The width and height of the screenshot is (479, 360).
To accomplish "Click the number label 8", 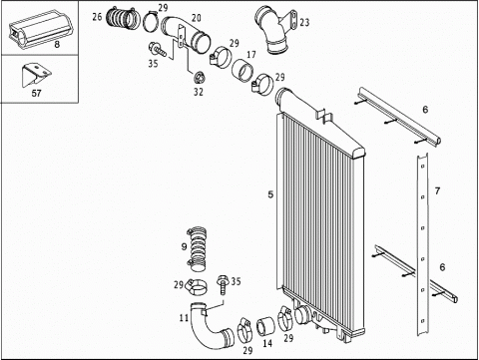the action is pyautogui.click(x=57, y=45).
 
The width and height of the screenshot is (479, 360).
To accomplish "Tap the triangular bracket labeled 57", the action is pyautogui.click(x=36, y=76).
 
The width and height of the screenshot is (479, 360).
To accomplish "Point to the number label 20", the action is pyautogui.click(x=197, y=18).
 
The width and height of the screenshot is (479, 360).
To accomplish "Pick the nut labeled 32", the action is pyautogui.click(x=199, y=78).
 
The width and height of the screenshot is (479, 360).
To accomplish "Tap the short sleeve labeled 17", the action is pyautogui.click(x=242, y=70).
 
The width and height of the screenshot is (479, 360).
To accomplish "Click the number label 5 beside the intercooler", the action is pyautogui.click(x=270, y=194).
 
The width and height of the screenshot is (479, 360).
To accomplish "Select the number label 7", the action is pyautogui.click(x=437, y=190).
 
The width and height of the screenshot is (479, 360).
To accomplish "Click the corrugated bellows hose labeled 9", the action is pyautogui.click(x=197, y=247).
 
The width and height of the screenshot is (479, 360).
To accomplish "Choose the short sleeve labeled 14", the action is pyautogui.click(x=265, y=327).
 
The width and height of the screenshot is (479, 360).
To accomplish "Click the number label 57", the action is pyautogui.click(x=36, y=93).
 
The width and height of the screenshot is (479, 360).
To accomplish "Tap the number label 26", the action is pyautogui.click(x=97, y=17).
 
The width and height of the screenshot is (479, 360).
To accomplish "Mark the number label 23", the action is pyautogui.click(x=304, y=22).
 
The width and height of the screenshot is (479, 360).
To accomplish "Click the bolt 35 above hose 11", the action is pyautogui.click(x=222, y=285).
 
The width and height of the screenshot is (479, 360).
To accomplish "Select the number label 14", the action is pyautogui.click(x=267, y=343).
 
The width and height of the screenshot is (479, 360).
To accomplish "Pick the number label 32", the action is pyautogui.click(x=199, y=92).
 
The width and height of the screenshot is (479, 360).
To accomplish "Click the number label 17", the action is pyautogui.click(x=251, y=54).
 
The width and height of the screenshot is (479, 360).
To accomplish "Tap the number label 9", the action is pyautogui.click(x=184, y=246).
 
